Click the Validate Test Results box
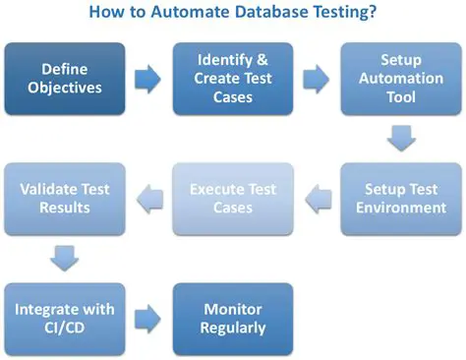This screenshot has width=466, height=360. point(64,198)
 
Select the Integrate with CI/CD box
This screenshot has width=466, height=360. point(64,319)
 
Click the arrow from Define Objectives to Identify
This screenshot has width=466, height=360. point(147,77)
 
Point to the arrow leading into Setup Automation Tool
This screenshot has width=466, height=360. point(316,77)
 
